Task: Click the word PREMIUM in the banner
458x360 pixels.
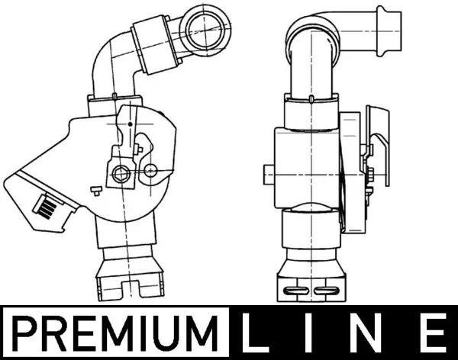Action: coord(116,333)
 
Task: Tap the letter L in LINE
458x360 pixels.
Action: coord(251,333)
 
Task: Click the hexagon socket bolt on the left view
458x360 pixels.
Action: coord(121,175)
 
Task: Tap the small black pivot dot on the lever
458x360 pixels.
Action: coord(131,124)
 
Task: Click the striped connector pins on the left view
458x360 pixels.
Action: coord(47,206)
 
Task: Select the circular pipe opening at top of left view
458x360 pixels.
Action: coord(206,29)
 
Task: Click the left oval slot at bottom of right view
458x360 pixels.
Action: coord(296,291)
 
